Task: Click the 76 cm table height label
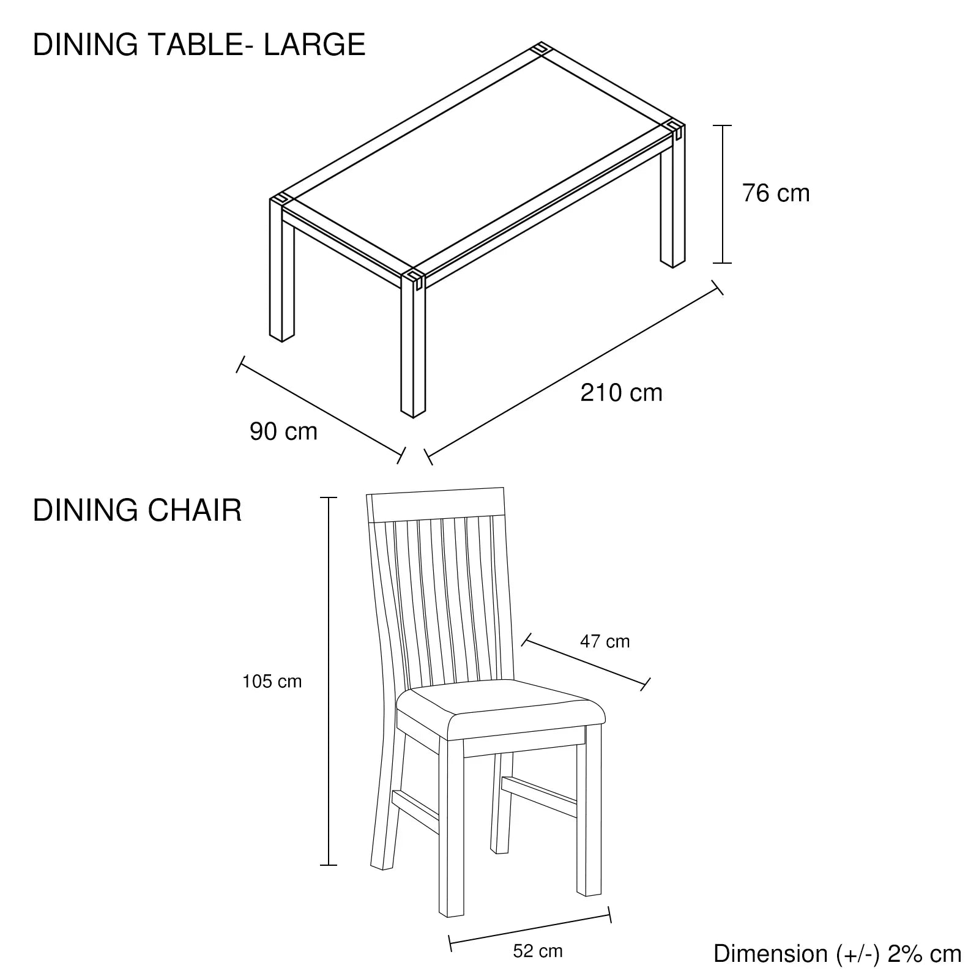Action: point(776,193)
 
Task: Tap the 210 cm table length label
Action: point(621,392)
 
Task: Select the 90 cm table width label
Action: point(284,431)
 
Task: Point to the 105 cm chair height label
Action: point(272,682)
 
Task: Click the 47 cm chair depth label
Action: point(605,641)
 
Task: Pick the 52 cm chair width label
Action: point(538,951)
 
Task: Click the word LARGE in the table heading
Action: point(315,45)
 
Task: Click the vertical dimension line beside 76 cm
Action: point(723,195)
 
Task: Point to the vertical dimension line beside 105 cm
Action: point(329,681)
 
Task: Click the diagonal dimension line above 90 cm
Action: point(321,409)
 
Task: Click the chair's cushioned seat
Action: point(501,710)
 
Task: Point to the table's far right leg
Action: point(672,196)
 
